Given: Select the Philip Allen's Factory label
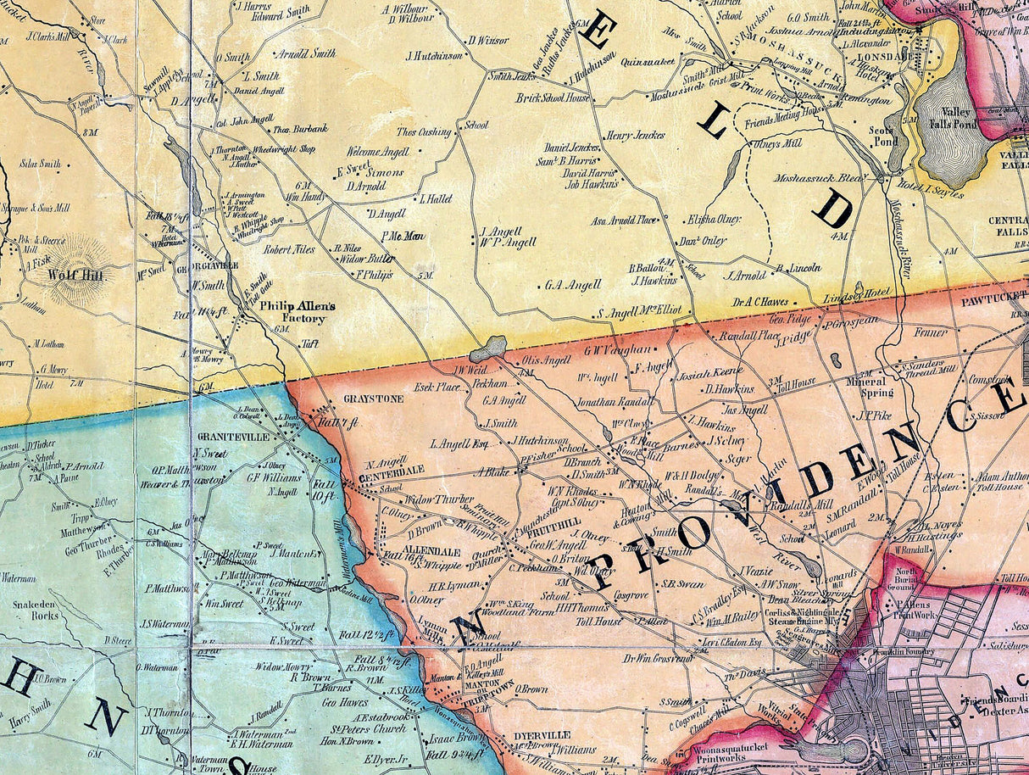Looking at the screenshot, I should click(292, 311).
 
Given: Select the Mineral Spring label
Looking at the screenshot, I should click(870, 387).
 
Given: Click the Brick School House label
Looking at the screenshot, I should click(553, 98).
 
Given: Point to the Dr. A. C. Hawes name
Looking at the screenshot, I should click(760, 301).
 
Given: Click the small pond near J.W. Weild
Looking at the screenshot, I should click(488, 348).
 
